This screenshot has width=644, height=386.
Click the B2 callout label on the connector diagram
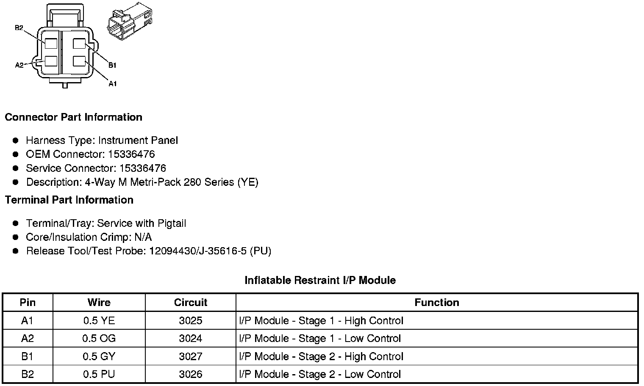click(x=19, y=28)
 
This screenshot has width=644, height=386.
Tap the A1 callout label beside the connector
click(x=112, y=84)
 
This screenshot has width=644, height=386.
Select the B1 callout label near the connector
click(x=112, y=65)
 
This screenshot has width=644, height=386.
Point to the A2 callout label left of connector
click(x=19, y=65)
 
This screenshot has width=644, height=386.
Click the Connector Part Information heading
click(x=73, y=117)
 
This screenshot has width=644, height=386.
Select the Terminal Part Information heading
click(x=69, y=200)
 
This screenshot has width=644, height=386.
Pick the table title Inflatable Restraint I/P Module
click(x=320, y=280)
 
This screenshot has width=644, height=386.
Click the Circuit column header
click(x=191, y=303)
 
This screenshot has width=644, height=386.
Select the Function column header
click(x=436, y=303)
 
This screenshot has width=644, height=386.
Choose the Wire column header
click(x=99, y=303)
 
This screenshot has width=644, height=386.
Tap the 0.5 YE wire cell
click(x=99, y=321)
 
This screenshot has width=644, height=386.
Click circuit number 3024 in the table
click(x=191, y=339)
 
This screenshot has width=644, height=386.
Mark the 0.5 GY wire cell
click(x=99, y=356)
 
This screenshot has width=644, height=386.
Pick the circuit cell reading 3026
click(x=191, y=374)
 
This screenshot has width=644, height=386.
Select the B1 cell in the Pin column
click(x=27, y=356)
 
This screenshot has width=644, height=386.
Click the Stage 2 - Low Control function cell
click(x=320, y=374)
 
